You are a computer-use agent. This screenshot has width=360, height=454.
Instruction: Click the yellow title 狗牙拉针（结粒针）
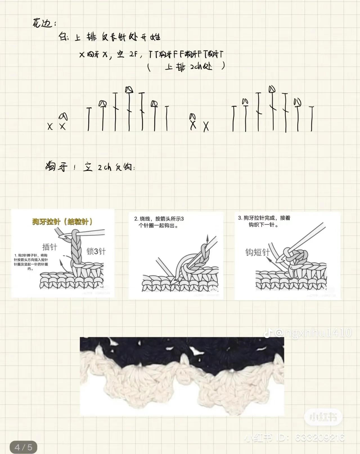(x=62, y=222)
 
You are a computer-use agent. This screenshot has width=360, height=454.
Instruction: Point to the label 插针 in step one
(x=49, y=247)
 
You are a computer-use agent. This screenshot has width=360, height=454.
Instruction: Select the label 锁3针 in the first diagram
(x=96, y=251)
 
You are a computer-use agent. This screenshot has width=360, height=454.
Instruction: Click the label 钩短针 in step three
(x=257, y=252)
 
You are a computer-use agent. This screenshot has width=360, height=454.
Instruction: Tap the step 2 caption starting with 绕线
(x=159, y=222)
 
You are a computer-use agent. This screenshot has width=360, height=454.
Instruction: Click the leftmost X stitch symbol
(x=50, y=126)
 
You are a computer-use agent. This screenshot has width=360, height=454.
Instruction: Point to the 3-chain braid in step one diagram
(x=75, y=247)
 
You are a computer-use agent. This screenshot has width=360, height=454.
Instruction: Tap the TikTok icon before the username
(x=268, y=333)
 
